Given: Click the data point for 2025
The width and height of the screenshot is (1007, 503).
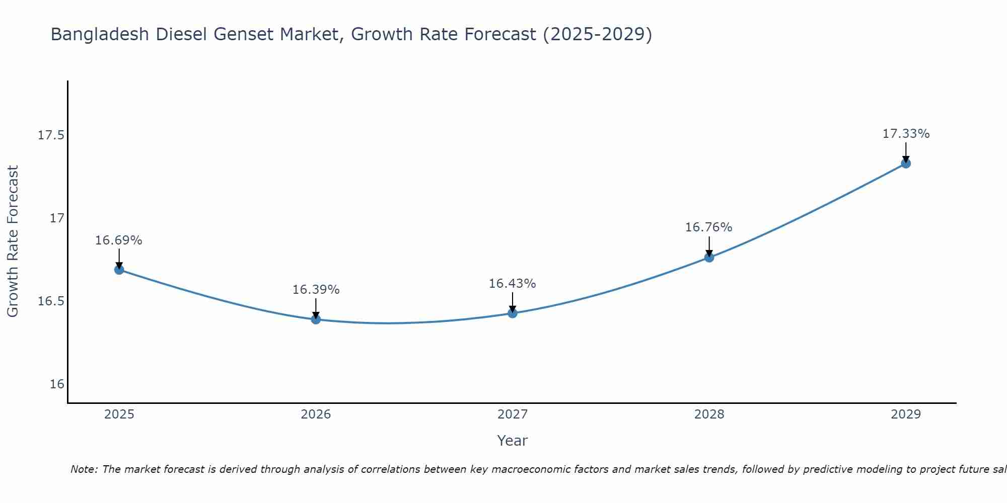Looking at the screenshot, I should [x=119, y=270].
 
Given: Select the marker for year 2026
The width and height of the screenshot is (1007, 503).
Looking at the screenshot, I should [x=316, y=319].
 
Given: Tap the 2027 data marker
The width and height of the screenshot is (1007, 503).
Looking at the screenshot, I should [x=513, y=313].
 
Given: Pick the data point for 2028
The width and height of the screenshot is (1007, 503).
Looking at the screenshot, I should [x=709, y=258].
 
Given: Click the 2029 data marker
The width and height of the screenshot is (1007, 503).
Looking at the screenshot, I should [x=906, y=163].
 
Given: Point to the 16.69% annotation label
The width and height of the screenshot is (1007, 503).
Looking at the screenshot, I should [x=119, y=240].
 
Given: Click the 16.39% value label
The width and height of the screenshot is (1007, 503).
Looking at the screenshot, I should [x=316, y=290].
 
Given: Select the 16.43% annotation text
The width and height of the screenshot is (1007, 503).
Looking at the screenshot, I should [x=512, y=284].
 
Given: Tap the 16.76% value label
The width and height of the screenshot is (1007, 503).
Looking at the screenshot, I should [x=708, y=227].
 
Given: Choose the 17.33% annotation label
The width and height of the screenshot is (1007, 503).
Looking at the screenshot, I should [x=906, y=134].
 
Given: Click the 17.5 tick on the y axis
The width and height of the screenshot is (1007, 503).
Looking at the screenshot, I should [x=51, y=135].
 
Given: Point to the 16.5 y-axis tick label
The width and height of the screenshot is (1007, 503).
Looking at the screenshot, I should [x=51, y=301].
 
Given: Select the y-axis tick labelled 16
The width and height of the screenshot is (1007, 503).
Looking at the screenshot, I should [x=57, y=384].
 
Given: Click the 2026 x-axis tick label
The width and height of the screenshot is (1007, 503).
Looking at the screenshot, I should [x=316, y=414].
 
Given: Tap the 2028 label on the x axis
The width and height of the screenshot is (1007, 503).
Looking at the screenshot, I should [x=709, y=414].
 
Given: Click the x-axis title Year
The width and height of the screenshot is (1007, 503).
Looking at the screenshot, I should [x=512, y=441].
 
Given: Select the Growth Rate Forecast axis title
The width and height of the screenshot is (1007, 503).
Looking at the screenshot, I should [x=13, y=241].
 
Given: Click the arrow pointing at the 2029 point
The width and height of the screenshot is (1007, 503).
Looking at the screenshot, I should [x=906, y=151].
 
